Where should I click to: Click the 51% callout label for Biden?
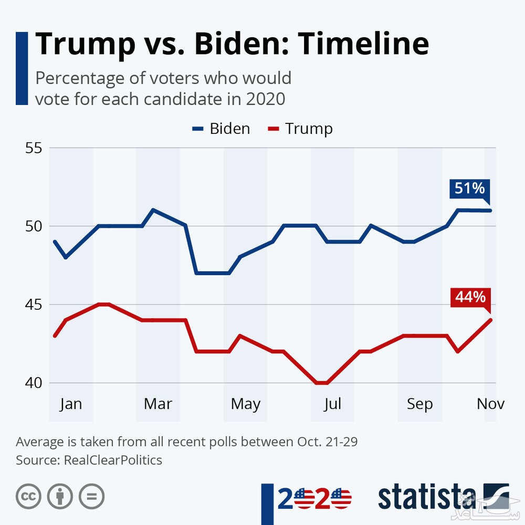[470, 188]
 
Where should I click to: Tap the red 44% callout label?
[470, 297]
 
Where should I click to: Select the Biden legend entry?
[221, 129]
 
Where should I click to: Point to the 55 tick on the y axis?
[33, 148]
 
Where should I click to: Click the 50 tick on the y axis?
[33, 226]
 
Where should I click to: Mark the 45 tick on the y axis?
[33, 304]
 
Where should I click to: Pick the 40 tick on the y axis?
[33, 383]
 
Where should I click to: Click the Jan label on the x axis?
[71, 404]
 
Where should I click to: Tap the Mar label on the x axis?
[158, 404]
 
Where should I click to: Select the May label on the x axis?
[246, 404]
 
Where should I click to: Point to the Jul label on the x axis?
[332, 404]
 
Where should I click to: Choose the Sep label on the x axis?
[420, 404]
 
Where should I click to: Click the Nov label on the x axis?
[490, 404]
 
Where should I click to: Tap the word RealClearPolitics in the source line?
[113, 460]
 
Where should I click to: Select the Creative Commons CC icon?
[29, 496]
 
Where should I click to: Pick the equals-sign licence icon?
[92, 496]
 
